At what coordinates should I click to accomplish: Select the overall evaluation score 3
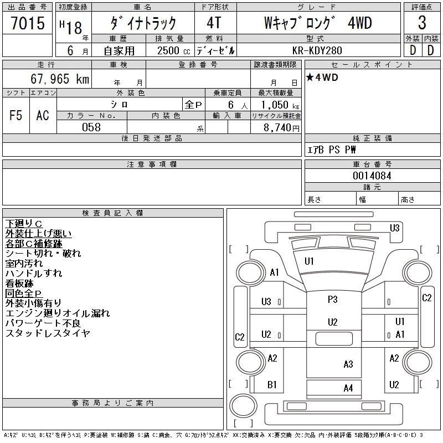[422, 23]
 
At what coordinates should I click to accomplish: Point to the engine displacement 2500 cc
[170, 49]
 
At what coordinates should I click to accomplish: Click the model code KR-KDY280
[318, 49]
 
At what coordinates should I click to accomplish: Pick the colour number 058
[91, 127]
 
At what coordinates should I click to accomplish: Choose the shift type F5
[16, 116]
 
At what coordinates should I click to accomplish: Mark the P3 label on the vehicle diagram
[332, 300]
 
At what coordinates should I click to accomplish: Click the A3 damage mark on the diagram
[348, 364]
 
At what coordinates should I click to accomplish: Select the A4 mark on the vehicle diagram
[348, 388]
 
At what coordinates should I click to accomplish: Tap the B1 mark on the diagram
[272, 385]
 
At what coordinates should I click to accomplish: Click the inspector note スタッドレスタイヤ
[48, 333]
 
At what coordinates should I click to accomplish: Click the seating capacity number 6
[229, 105]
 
